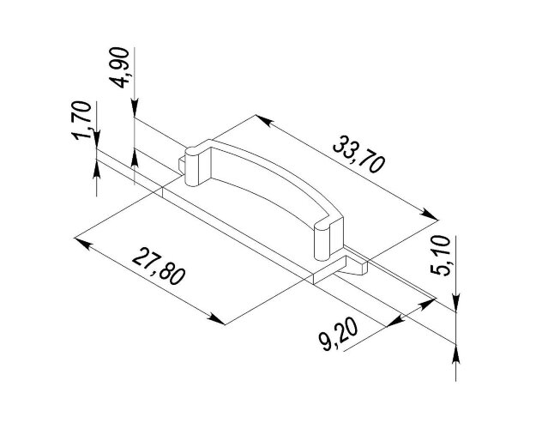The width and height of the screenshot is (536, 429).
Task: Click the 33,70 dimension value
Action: [359, 154]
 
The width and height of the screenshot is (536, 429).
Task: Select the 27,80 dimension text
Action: [159, 267]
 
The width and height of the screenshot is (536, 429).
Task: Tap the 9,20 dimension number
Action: [338, 335]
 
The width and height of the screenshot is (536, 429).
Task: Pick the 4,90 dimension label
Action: [119, 68]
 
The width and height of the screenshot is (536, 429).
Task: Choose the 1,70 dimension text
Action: [82, 120]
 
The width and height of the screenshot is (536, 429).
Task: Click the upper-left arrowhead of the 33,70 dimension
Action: [264, 120]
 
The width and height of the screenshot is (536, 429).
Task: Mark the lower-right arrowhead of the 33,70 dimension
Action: [429, 214]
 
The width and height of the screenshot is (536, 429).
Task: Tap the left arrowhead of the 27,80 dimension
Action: [82, 243]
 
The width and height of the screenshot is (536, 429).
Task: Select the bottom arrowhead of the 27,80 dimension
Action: [216, 319]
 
